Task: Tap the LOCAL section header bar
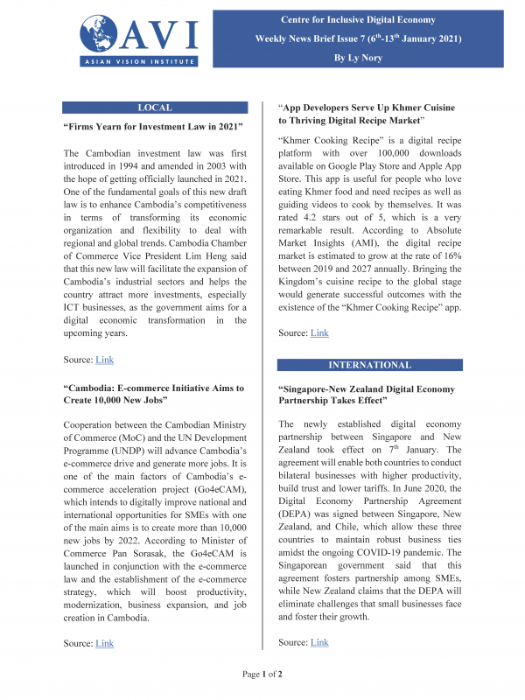tap(155, 108)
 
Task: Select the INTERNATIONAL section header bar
tap(370, 363)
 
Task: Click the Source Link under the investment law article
tap(104, 360)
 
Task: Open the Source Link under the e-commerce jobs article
tap(104, 643)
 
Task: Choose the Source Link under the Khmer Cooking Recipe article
tap(319, 333)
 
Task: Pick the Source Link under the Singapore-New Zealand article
tap(319, 642)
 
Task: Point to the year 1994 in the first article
tap(155, 167)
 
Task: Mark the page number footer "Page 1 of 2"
tap(262, 675)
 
